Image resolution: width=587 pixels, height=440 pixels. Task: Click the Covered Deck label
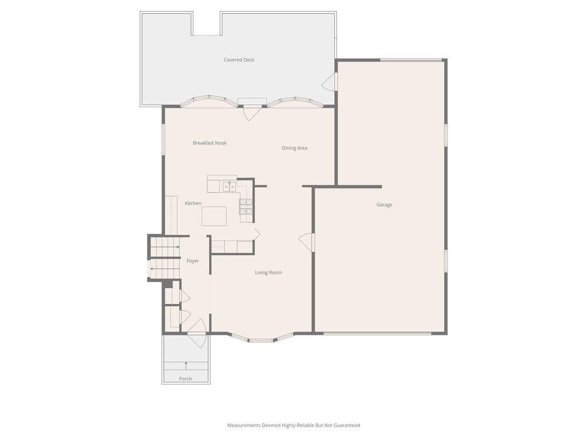(239, 60)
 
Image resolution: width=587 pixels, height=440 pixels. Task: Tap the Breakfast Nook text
(210, 143)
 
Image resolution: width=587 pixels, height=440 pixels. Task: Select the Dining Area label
(294, 148)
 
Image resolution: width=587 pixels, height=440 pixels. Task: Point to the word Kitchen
(193, 203)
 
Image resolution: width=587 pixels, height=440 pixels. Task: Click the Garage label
(385, 205)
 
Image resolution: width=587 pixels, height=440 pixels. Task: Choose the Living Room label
(268, 273)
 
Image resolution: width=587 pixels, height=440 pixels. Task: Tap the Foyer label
(193, 261)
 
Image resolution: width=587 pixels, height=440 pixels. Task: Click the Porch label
(185, 379)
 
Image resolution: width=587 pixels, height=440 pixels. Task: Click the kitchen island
(214, 216)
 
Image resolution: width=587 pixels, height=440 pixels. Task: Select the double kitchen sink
(229, 186)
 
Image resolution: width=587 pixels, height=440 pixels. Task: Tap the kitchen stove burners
(246, 207)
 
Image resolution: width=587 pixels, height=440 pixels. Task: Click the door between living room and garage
(307, 242)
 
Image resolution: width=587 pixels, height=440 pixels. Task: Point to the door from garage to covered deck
(330, 81)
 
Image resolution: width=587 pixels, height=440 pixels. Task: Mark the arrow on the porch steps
(186, 366)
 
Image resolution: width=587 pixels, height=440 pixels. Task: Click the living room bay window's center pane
(261, 340)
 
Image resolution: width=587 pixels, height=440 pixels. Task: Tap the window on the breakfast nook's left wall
(163, 139)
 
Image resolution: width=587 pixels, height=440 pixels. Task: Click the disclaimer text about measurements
(293, 426)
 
